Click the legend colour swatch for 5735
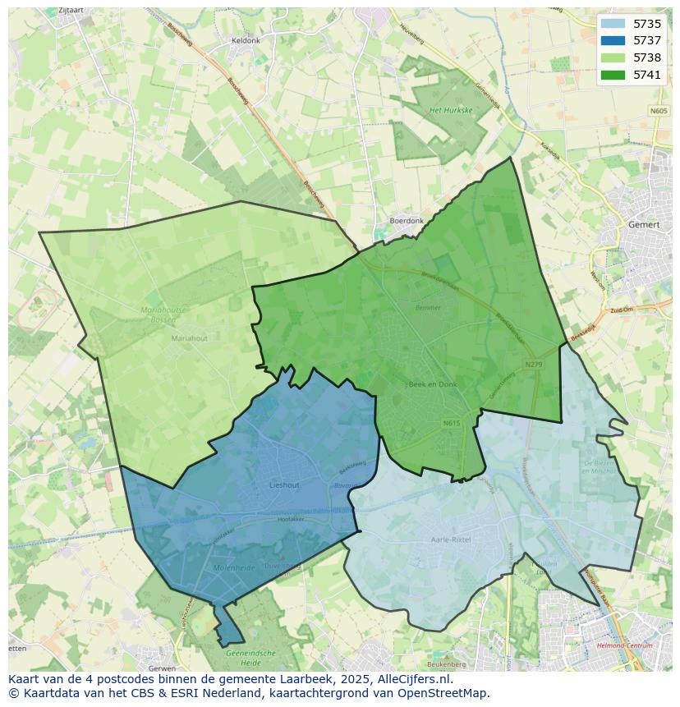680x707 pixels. [613, 25]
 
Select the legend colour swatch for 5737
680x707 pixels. [613, 41]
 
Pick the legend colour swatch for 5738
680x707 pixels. [613, 57]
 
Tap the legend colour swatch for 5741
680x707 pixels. [613, 75]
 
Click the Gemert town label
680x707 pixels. [643, 224]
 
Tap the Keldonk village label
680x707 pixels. [246, 40]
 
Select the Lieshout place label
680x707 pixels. [284, 485]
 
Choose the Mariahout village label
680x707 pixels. [190, 338]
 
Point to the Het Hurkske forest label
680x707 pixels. [451, 109]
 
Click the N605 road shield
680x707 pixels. [659, 111]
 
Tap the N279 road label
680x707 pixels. [534, 363]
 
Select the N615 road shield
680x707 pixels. [451, 424]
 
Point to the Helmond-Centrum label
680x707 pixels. [625, 646]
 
